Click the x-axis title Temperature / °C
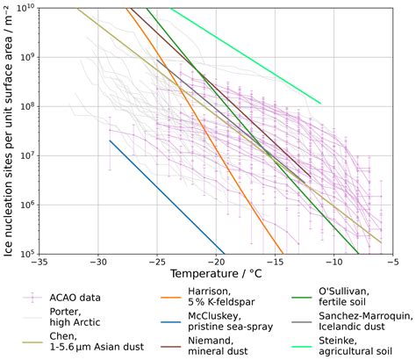point(217,275)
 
